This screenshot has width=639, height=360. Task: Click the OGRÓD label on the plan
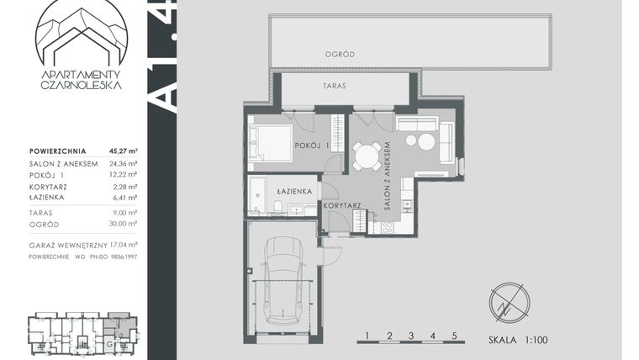tap(340, 55)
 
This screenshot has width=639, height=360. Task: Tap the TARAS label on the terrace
tap(334, 86)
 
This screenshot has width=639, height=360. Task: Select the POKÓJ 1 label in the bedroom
tap(310, 145)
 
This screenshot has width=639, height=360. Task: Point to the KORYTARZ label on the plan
tap(343, 206)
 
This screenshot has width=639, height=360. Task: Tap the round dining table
tap(366, 156)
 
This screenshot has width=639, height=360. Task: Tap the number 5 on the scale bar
tap(454, 336)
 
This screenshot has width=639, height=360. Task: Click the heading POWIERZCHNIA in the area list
tap(55, 152)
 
